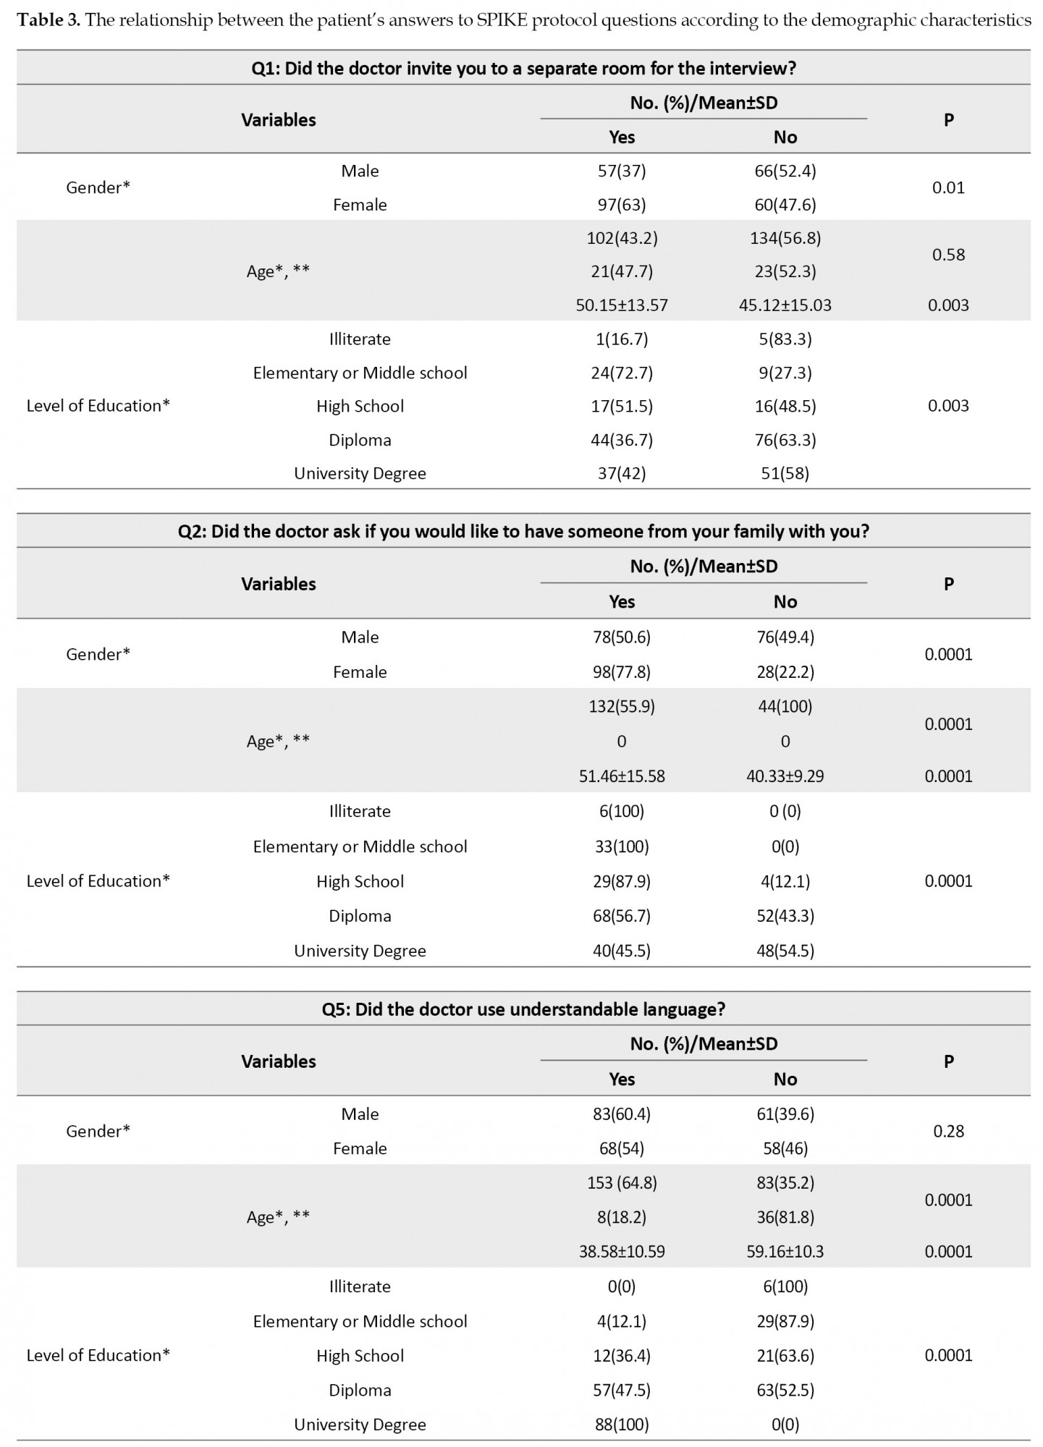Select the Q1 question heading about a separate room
523,68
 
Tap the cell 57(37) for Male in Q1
621,171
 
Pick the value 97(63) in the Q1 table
621,205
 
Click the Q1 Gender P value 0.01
948,188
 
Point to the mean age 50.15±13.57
621,305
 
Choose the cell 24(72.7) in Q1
621,373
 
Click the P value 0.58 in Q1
948,255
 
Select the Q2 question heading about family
523,532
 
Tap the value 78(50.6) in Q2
621,637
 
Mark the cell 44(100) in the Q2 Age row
785,707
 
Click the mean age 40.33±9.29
785,776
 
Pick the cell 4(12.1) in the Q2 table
785,881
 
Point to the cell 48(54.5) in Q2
785,951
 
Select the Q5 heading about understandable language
523,1009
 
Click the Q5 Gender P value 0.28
948,1132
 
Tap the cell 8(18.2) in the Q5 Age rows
621,1217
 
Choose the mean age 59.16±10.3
785,1252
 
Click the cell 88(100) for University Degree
621,1425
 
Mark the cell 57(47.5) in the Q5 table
621,1390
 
